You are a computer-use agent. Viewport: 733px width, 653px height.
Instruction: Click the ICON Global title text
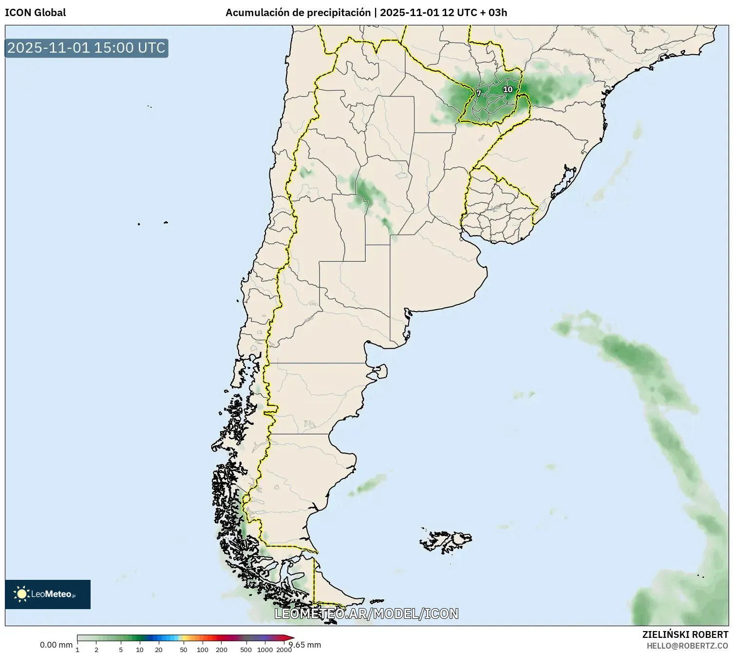(35, 13)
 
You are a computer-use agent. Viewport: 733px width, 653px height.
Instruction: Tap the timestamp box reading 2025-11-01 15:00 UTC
(86, 48)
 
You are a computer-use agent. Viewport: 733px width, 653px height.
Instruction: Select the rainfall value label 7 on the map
(479, 93)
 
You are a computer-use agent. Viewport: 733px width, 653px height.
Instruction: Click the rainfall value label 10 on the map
(507, 89)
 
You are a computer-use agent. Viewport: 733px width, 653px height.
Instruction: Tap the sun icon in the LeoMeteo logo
(21, 594)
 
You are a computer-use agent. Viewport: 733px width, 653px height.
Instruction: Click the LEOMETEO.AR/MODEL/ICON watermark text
(366, 613)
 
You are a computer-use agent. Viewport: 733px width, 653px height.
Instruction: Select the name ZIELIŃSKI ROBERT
(685, 634)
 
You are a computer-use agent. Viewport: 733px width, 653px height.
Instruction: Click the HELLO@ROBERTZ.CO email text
(687, 646)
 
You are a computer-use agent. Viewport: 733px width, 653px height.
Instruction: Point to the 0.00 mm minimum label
(56, 645)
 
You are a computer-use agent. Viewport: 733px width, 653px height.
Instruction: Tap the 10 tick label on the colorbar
(140, 650)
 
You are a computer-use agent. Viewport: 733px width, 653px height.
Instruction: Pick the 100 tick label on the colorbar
(203, 650)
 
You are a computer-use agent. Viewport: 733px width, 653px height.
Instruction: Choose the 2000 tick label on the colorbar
(284, 650)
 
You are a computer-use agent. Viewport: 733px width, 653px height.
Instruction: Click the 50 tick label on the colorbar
(184, 650)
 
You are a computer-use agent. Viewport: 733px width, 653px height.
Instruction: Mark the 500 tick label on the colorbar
(246, 650)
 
